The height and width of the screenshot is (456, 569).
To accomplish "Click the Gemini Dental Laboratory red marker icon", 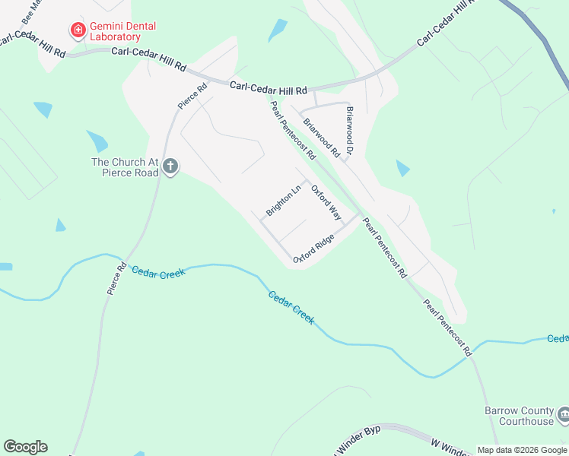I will click(77, 31).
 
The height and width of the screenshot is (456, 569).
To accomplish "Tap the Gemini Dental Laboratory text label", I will click(123, 31).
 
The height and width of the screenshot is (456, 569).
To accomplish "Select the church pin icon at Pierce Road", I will click(170, 166).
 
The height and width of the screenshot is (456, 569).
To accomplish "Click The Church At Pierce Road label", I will click(125, 167).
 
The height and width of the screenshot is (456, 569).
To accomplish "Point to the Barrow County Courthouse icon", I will click(564, 415).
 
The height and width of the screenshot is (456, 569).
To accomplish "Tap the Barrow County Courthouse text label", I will click(520, 416).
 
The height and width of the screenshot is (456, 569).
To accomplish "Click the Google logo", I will click(25, 447).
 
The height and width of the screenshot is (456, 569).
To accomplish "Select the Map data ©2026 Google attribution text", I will click(523, 450).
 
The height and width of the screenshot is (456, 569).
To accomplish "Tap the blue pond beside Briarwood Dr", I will click(402, 168).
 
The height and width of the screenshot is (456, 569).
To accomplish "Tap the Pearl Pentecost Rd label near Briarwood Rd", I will click(293, 131).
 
